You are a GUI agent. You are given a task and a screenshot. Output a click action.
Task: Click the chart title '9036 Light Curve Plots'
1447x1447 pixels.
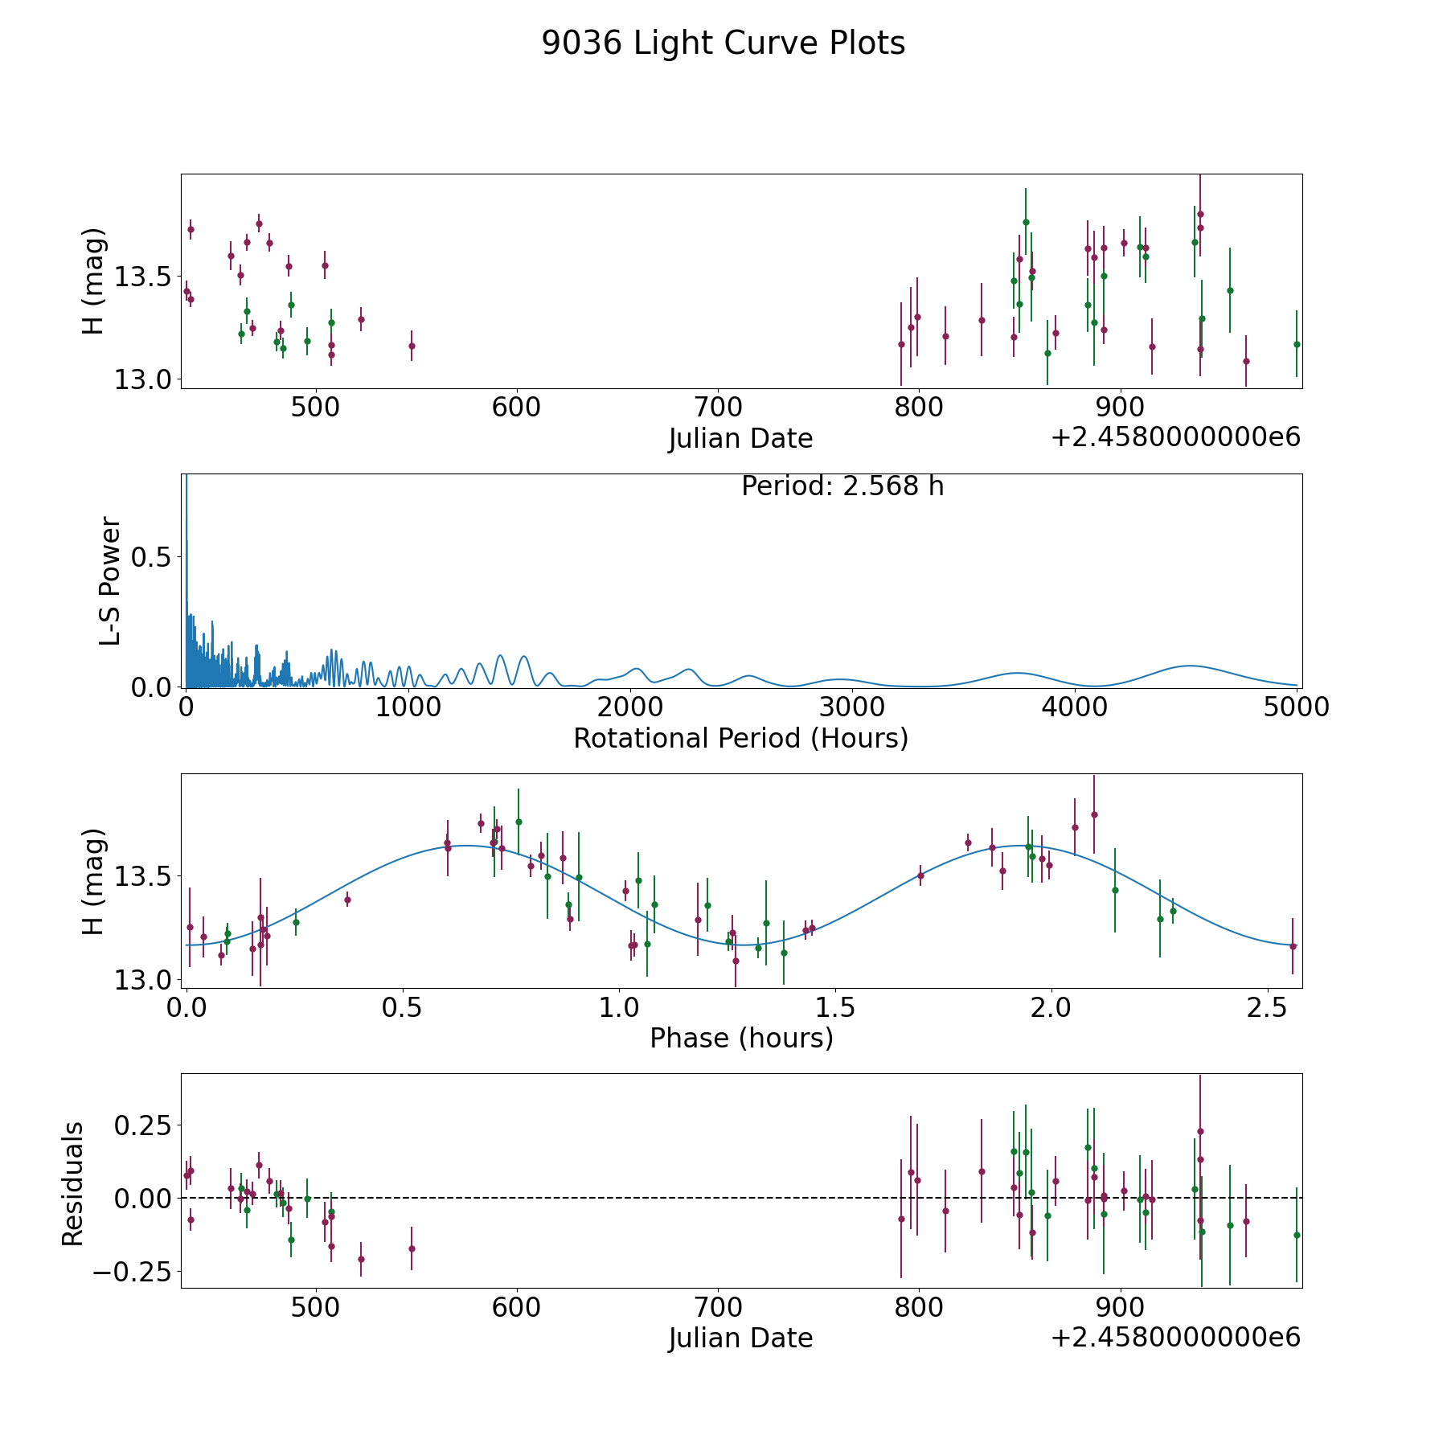(723, 43)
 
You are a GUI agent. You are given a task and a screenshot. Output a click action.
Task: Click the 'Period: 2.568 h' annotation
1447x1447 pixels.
(842, 486)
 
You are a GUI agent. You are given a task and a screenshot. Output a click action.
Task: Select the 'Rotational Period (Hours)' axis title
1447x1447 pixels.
(740, 738)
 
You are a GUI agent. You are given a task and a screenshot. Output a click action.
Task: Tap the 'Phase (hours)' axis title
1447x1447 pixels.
(741, 1039)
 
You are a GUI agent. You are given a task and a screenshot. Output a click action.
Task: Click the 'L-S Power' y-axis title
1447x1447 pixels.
(110, 580)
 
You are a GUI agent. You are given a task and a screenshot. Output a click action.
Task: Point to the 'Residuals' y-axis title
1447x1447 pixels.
(72, 1183)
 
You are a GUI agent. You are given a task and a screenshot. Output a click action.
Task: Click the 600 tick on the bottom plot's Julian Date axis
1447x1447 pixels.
(516, 1307)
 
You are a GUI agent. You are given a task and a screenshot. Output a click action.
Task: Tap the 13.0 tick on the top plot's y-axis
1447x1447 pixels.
(142, 379)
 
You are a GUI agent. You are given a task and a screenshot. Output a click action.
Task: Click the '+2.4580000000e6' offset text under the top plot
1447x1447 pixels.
(1175, 437)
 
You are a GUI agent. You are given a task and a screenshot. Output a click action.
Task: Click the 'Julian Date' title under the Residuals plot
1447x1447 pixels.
(740, 1338)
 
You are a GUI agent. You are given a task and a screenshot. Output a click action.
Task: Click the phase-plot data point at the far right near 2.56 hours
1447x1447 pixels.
(1293, 946)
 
